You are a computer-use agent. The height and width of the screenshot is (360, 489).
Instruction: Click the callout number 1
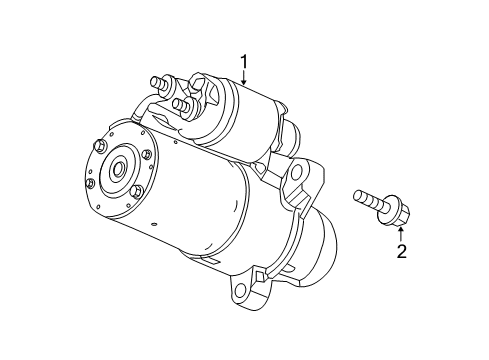click(x=243, y=63)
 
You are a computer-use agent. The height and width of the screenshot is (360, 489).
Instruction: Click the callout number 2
click(x=401, y=251)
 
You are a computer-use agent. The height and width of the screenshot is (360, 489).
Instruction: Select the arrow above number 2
click(x=401, y=232)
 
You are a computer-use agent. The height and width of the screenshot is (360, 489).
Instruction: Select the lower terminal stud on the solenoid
click(x=179, y=103)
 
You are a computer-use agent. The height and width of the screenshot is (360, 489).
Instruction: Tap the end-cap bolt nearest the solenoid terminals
click(x=146, y=154)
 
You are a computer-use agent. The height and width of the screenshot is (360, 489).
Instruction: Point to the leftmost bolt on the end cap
click(x=91, y=183)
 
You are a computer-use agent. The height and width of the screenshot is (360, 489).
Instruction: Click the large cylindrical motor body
click(x=200, y=215)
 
